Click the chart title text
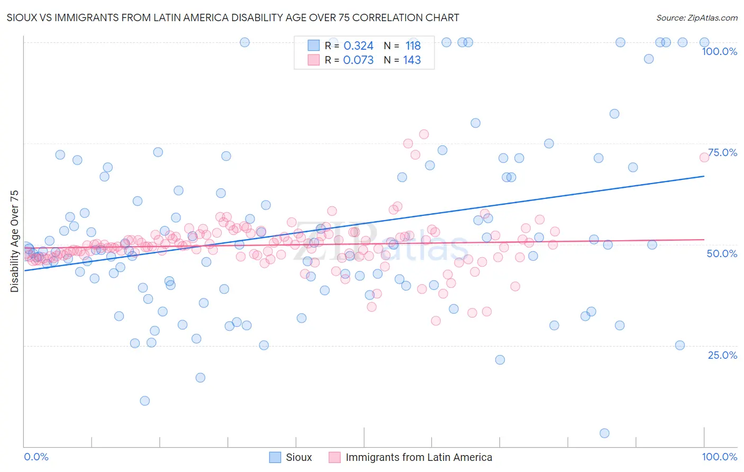233,17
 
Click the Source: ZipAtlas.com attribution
696,17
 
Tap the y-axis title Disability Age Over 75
15,241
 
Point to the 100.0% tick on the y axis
719,51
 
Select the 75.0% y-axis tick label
722,152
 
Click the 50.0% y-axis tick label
722,253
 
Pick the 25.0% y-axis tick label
722,355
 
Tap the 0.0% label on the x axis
36,457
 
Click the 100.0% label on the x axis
719,457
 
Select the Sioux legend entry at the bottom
298,457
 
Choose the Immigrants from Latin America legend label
419,457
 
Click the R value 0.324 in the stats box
358,46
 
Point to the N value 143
412,60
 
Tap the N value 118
413,46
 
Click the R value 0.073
358,60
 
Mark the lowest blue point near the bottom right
604,433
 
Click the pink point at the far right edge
704,157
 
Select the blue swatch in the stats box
314,46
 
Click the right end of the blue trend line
704,176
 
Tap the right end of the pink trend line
704,240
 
